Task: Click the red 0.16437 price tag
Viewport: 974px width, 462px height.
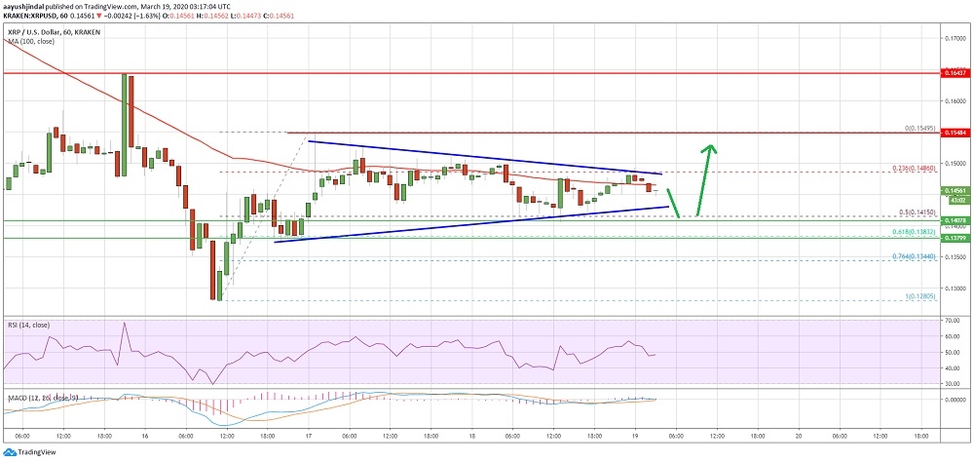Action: [x=954, y=73]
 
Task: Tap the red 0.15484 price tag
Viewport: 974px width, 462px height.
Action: [x=954, y=133]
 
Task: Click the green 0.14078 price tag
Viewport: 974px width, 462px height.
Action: [x=954, y=248]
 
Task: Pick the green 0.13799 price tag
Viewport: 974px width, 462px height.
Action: [x=954, y=265]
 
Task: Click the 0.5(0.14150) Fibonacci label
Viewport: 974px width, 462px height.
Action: [x=916, y=239]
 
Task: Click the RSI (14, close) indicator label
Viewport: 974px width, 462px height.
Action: [x=29, y=323]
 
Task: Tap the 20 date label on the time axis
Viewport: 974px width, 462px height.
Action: [x=799, y=437]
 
